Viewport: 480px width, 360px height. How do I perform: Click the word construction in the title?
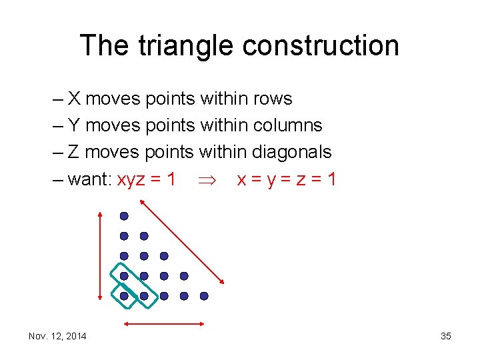[x=321, y=45]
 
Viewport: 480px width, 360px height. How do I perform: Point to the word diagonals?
[x=291, y=152]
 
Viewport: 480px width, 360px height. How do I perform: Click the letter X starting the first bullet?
[x=74, y=99]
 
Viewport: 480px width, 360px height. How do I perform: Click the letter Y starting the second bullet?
[x=74, y=125]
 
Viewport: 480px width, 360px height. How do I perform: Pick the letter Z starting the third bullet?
[x=74, y=152]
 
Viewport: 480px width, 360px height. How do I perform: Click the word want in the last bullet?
[x=89, y=179]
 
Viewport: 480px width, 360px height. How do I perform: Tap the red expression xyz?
[x=133, y=179]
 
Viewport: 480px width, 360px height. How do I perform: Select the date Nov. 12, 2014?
[x=57, y=336]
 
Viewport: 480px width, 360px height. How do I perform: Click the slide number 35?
[x=446, y=336]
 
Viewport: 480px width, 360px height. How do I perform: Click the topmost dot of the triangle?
[x=124, y=216]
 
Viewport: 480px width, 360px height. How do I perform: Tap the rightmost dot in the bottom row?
[x=204, y=296]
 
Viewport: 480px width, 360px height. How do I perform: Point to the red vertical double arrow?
[x=100, y=256]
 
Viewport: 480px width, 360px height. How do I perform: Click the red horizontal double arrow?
[x=164, y=324]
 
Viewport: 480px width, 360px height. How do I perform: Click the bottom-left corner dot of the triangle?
[x=124, y=296]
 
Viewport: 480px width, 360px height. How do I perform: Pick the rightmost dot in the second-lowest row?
[x=184, y=276]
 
